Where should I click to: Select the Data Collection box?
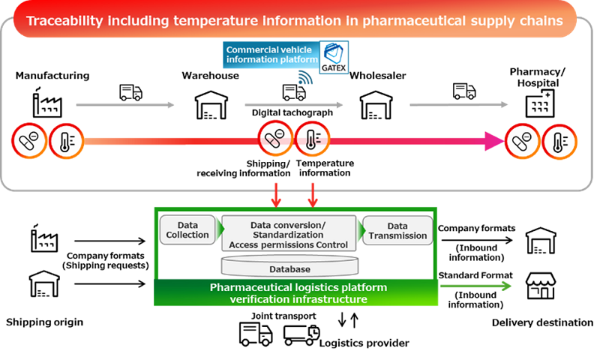188,229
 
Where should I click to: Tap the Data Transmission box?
397,230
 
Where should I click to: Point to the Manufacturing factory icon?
46,102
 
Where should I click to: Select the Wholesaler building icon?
376,104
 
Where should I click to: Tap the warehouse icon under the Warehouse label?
211,104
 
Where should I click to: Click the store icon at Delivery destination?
541,286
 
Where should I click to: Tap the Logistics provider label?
364,343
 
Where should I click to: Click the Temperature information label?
324,168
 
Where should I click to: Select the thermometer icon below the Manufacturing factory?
64,139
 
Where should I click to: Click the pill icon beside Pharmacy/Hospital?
522,140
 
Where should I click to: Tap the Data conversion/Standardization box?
289,234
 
